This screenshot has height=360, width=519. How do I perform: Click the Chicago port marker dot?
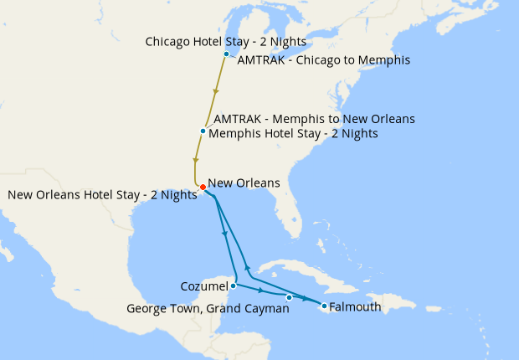[226, 54]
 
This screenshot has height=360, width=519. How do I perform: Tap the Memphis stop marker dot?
[203, 131]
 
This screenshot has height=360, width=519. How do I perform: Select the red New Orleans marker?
[203, 187]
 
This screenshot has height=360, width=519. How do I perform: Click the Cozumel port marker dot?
[233, 285]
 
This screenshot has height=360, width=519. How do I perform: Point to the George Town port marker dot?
[289, 297]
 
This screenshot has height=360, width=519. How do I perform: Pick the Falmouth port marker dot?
[323, 306]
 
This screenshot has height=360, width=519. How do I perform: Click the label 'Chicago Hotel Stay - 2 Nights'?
[225, 41]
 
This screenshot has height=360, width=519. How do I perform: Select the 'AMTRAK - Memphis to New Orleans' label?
[314, 119]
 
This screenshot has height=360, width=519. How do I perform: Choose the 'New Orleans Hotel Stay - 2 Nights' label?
[102, 195]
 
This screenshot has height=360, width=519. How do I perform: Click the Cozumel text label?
[203, 286]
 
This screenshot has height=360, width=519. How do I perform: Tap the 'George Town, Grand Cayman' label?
[208, 308]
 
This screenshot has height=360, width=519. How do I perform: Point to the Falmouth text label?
[356, 307]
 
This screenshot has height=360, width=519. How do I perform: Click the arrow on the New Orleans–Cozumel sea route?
[225, 235]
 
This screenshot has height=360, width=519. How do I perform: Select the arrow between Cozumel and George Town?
[262, 291]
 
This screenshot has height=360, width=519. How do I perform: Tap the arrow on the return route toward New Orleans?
[247, 268]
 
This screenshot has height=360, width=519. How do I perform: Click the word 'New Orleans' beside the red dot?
[244, 183]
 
